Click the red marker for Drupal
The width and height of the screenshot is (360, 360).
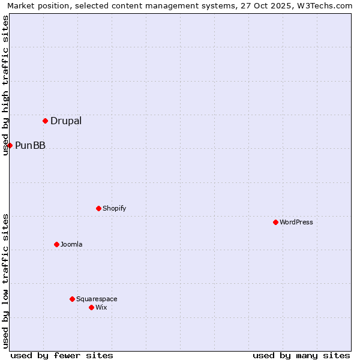45,121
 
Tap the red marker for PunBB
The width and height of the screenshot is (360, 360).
10,145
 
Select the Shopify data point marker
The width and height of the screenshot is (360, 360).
98,208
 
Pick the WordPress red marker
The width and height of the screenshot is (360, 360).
275,222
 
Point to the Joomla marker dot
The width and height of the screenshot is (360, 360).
56,244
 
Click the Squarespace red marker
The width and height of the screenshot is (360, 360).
72,299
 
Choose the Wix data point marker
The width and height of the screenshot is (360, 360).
91,307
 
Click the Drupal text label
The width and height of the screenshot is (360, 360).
66,121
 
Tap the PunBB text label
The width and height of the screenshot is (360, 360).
30,145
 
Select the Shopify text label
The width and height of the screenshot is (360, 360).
114,208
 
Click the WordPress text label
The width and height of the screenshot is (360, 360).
296,222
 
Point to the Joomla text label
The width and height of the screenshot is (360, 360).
71,244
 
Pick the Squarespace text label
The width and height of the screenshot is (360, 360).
97,299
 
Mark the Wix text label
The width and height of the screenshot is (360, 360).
101,307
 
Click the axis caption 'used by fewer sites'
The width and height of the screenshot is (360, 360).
62,355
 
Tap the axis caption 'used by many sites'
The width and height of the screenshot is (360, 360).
301,355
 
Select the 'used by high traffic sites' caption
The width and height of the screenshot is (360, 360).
5,85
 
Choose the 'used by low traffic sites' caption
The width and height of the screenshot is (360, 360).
5,280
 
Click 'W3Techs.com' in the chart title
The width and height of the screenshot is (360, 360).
324,5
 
